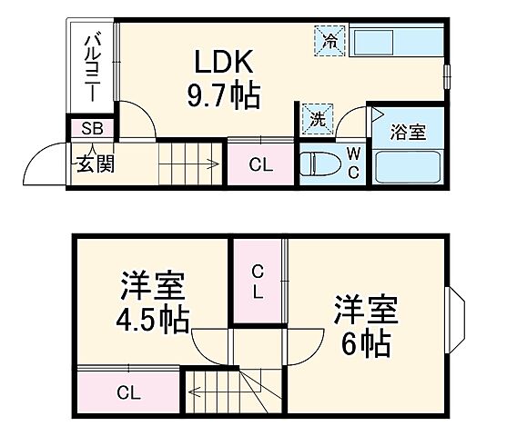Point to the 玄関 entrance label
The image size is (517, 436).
[94, 164]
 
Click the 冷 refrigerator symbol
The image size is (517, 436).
[329, 39]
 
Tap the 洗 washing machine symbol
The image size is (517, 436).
[318, 118]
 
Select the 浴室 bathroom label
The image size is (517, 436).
[409, 133]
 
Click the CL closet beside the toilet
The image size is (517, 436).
[260, 165]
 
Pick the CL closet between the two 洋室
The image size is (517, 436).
[258, 282]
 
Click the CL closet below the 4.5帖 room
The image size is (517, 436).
[127, 392]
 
